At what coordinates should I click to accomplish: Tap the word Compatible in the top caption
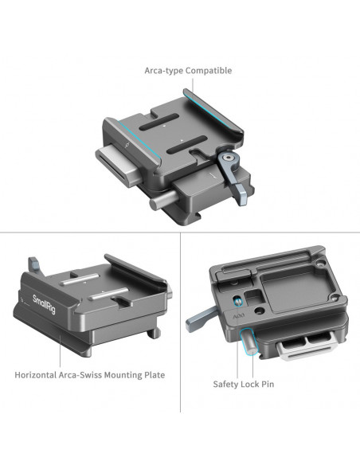click(x=209, y=71)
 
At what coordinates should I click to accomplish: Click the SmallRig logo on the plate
click(x=44, y=304)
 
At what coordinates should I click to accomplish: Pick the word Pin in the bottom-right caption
click(x=268, y=384)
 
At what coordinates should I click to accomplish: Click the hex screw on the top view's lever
click(x=228, y=158)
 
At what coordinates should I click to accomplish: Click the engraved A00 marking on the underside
click(x=238, y=316)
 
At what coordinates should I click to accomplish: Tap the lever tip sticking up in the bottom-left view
click(x=33, y=264)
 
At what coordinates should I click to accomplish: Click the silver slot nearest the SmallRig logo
click(x=80, y=279)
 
